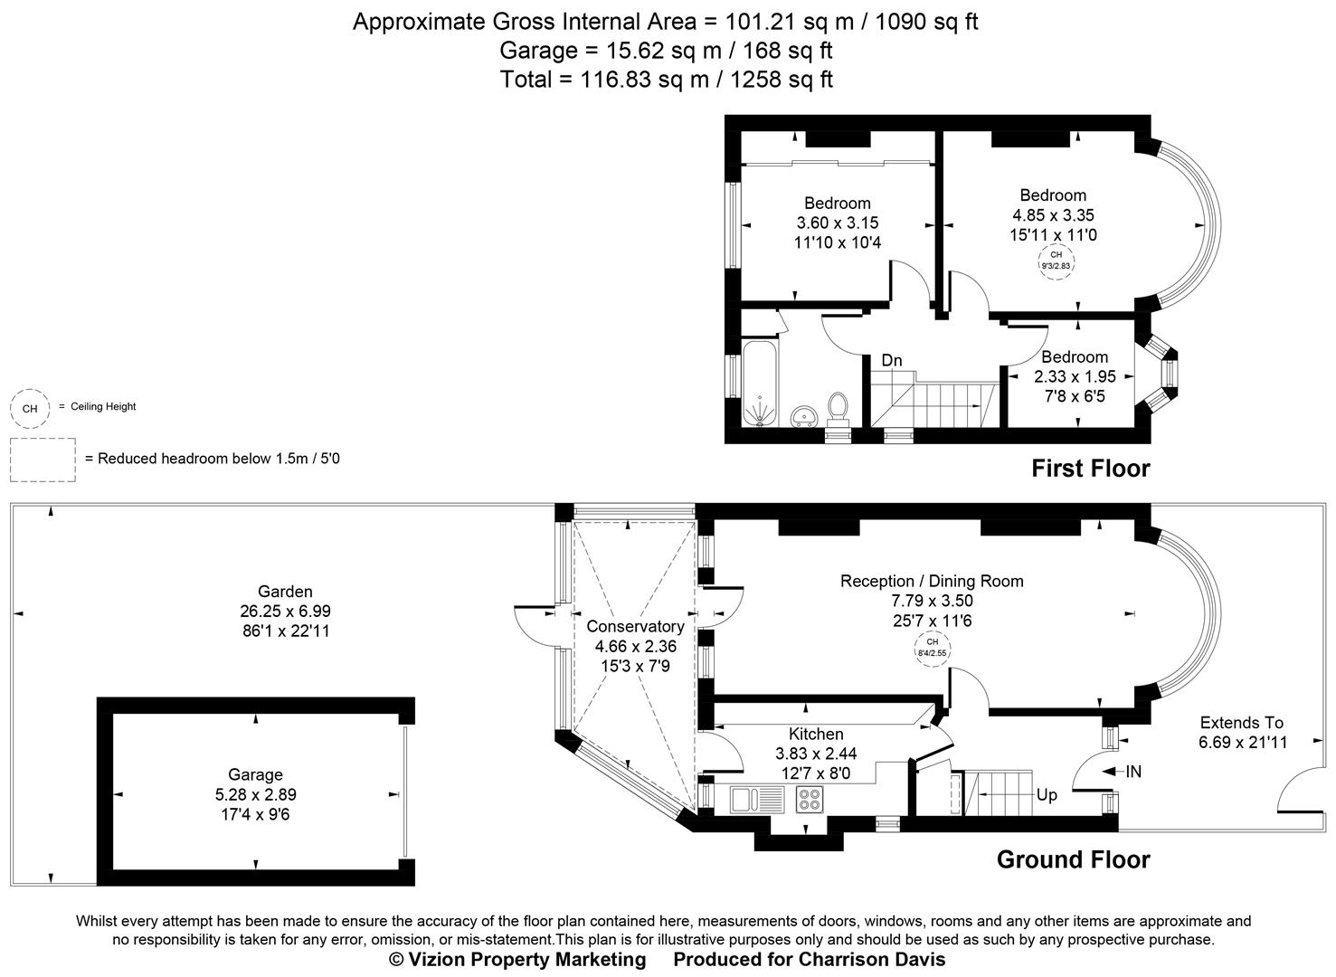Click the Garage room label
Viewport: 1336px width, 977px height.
(x=255, y=774)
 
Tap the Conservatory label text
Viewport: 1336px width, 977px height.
(x=635, y=626)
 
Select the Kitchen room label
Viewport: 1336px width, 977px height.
(x=816, y=734)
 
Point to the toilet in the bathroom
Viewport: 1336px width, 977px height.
(x=838, y=408)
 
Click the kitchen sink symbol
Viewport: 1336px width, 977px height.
(x=756, y=799)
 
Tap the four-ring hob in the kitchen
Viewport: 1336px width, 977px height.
(x=810, y=799)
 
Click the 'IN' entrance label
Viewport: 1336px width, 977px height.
(x=1132, y=772)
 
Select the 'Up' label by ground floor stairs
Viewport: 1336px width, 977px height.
(x=1047, y=795)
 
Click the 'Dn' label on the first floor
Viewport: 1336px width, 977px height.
(x=892, y=360)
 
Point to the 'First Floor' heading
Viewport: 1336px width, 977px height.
(x=1090, y=469)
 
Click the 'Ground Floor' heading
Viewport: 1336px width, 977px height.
(x=1073, y=859)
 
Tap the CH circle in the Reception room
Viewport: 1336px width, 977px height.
(x=933, y=647)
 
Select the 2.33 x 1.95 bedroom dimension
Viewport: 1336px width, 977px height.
(x=1075, y=376)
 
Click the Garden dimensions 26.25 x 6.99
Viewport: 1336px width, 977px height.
(x=286, y=612)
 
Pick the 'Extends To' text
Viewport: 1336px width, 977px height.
(x=1241, y=722)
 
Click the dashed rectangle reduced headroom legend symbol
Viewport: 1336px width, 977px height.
(x=43, y=460)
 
